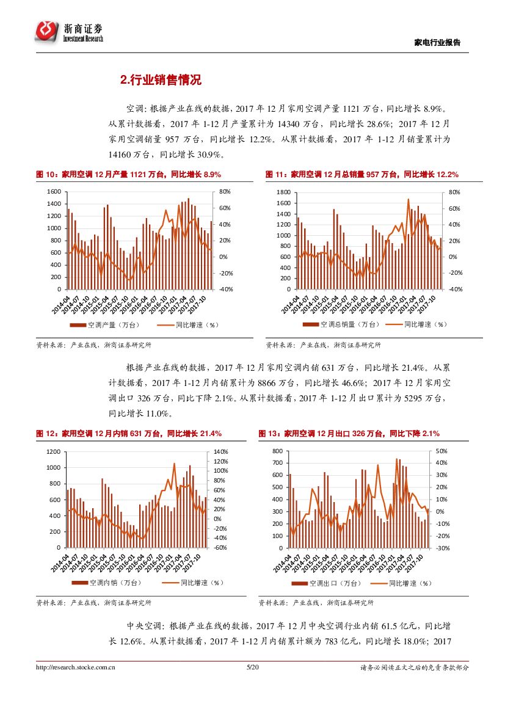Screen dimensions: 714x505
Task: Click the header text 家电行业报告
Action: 437,43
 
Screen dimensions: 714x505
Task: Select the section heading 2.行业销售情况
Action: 161,80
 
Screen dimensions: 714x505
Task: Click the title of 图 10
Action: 128,175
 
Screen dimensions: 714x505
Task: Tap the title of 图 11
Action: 362,175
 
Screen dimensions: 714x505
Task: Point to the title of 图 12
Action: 128,434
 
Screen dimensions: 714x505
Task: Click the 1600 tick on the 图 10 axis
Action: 54,192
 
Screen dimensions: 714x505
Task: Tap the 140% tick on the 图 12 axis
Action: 220,451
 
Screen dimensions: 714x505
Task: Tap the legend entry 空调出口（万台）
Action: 333,583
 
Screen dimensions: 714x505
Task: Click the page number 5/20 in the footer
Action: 252,668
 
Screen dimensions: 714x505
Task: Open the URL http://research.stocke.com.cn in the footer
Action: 76,668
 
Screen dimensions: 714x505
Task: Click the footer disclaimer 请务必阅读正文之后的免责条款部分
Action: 415,668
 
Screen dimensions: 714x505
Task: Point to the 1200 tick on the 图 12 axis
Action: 54,451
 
